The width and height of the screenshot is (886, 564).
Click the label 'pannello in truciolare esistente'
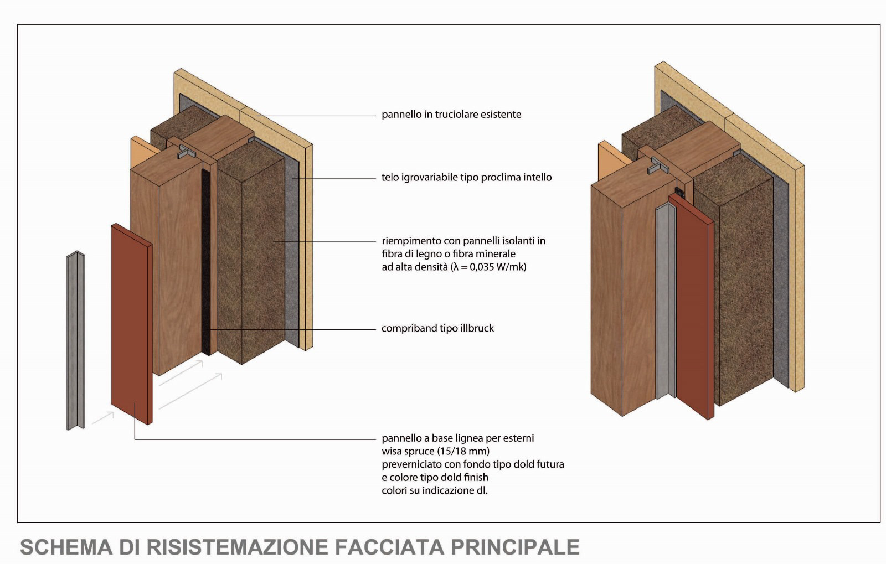[x=451, y=115]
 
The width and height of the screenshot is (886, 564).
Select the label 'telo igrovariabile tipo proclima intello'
[x=466, y=178]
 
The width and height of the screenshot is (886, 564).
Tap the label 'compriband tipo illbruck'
[x=437, y=328]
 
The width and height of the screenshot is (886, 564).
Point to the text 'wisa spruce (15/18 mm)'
[x=435, y=451]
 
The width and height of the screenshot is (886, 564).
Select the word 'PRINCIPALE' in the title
[x=515, y=547]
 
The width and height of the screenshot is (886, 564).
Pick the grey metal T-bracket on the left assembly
[x=187, y=152]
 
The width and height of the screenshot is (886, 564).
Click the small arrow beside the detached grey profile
[x=103, y=417]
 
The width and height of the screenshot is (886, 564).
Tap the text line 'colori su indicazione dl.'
[x=434, y=491]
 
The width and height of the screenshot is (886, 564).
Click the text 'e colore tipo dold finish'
[x=435, y=478]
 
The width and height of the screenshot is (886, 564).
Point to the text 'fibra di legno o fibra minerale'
[x=448, y=254]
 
